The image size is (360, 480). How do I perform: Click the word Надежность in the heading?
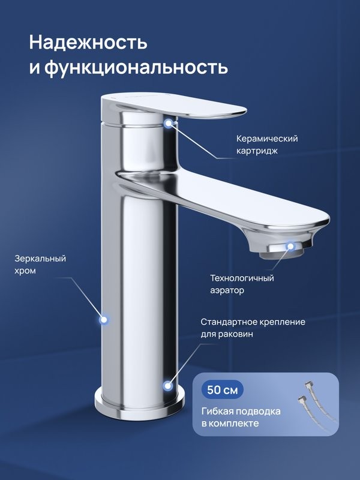[88, 43]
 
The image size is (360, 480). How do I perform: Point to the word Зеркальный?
[40, 259]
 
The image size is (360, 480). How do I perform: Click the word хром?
[26, 271]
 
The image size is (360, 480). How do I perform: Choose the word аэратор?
[227, 291]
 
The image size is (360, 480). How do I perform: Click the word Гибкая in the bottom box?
[218, 411]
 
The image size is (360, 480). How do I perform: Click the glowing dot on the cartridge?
[169, 123]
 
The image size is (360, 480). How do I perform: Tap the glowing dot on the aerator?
[290, 246]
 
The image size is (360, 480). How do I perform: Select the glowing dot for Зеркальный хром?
[104, 320]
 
